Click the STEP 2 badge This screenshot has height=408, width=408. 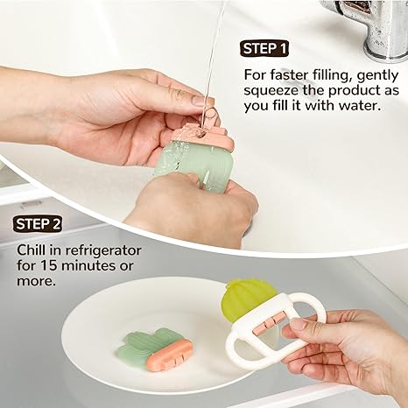(39, 224)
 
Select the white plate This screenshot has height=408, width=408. (114, 315)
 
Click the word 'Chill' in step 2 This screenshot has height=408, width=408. (32, 252)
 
